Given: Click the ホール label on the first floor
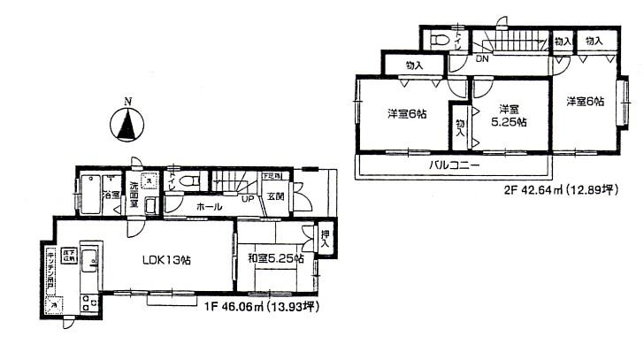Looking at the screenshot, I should click(x=210, y=206).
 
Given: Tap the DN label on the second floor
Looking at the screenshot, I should click(x=483, y=60).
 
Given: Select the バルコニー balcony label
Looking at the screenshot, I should click(x=455, y=165).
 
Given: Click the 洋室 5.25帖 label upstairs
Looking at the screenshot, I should click(x=507, y=116).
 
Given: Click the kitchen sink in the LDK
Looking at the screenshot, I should click(x=90, y=260).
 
